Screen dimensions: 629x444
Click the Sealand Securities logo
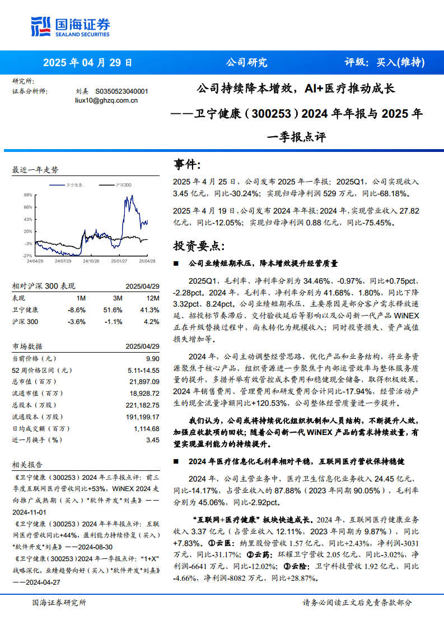[69, 25]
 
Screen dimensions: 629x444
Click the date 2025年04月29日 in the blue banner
[87, 62]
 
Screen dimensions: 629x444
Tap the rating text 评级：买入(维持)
[384, 62]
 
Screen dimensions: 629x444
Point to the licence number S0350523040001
[121, 91]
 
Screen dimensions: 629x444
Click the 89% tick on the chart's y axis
[27, 195]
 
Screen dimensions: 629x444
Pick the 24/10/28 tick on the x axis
[91, 261]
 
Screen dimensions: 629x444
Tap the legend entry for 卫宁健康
[74, 184]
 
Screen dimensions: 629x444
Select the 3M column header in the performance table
[118, 298]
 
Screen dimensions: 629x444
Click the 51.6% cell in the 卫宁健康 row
[114, 309]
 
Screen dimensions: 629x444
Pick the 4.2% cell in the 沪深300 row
[151, 321]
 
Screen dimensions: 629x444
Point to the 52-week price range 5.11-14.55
[143, 370]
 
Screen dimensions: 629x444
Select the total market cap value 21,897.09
[144, 382]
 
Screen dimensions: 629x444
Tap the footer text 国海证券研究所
[59, 603]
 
